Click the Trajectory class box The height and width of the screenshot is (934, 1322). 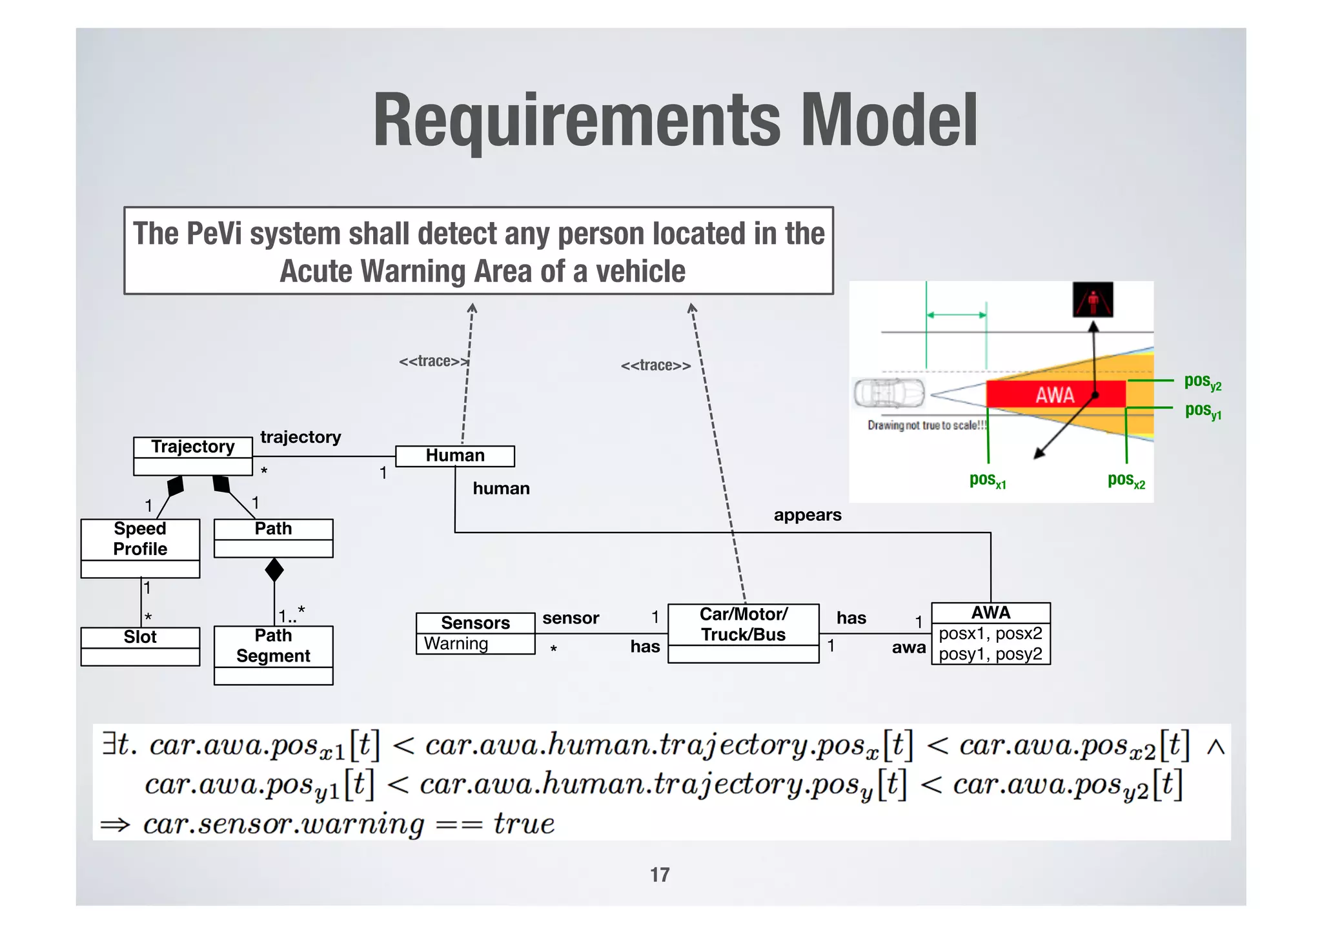pos(192,456)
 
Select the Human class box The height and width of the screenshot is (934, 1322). pos(454,456)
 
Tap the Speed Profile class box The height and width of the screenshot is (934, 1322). pos(140,547)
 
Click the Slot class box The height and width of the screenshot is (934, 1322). pos(140,645)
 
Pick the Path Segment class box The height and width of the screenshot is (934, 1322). pos(273,655)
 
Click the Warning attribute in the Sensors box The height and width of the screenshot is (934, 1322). pos(456,644)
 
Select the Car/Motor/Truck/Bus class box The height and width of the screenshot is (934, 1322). pos(743,633)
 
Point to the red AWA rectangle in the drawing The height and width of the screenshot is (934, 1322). pos(1055,394)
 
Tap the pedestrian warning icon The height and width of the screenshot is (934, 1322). pos(1093,299)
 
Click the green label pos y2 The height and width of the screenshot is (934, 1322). pos(1203,381)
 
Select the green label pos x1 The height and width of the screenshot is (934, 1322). pos(988,480)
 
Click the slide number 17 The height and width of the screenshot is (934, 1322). pos(660,875)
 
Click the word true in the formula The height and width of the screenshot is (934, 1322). pos(524,824)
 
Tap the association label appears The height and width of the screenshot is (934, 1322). pos(808,515)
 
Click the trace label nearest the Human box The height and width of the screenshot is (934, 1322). pos(432,361)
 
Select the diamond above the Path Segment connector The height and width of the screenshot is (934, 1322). pos(274,570)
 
